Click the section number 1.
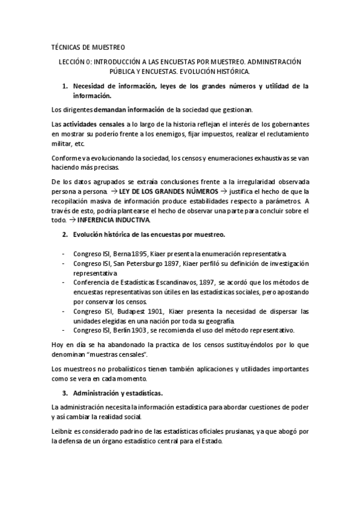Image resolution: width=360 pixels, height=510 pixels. pos(66,86)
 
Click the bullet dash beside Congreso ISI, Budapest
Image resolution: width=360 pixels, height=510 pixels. pos(64,311)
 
